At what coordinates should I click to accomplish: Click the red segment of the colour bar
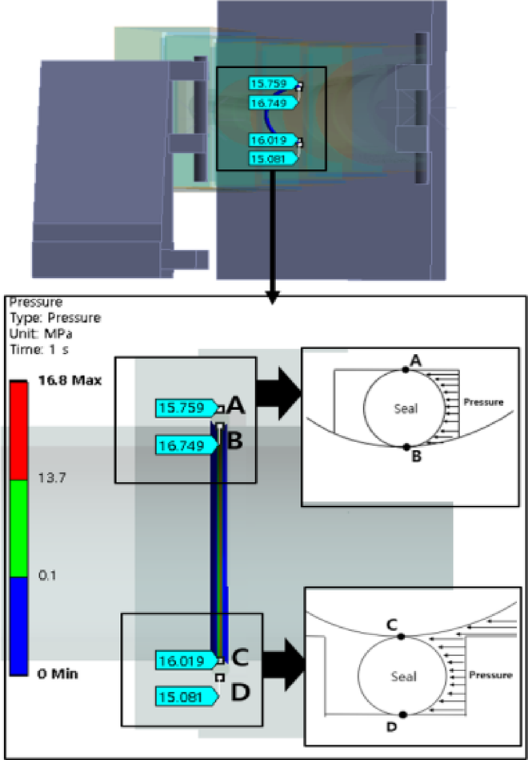coord(21,430)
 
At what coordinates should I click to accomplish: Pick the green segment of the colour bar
coord(21,528)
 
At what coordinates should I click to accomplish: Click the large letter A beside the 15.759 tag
coord(235,406)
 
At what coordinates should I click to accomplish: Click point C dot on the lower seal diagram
coord(401,637)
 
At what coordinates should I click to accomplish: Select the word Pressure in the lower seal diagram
coord(490,675)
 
